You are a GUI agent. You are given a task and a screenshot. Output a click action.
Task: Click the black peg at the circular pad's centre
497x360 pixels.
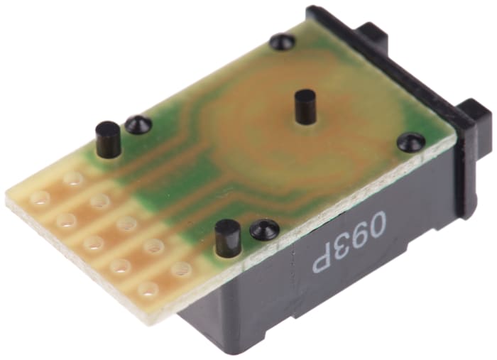click(x=302, y=107)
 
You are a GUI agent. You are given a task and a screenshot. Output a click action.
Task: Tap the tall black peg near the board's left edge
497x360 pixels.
click(x=108, y=139)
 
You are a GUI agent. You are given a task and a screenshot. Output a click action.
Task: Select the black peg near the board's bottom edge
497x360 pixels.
click(x=227, y=239)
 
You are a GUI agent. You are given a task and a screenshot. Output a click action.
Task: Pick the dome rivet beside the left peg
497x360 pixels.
click(x=138, y=124)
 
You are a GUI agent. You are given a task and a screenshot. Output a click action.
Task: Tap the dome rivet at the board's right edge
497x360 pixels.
click(x=411, y=141)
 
